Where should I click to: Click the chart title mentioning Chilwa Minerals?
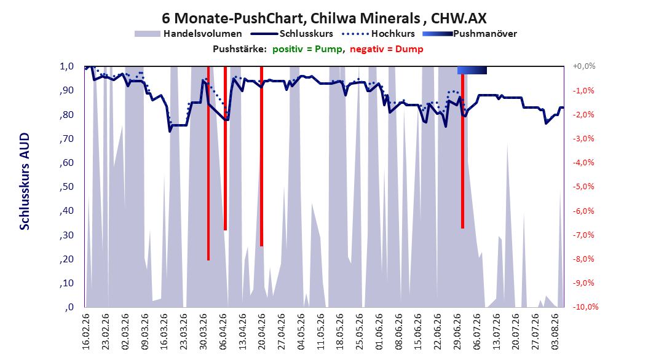[x=324, y=18]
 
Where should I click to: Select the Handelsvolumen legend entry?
[x=188, y=34]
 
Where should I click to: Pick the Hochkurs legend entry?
[x=378, y=34]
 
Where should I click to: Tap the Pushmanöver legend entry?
[x=470, y=34]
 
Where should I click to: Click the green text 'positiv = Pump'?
[x=307, y=49]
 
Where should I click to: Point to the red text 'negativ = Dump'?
[x=387, y=49]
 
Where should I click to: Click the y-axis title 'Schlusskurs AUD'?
[x=25, y=181]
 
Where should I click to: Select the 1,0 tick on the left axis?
[x=66, y=66]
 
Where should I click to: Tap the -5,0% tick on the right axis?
[x=583, y=187]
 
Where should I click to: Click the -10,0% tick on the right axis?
[x=585, y=307]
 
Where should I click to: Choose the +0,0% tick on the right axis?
[x=584, y=66]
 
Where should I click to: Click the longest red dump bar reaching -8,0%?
[x=208, y=163]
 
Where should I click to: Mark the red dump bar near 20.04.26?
[x=261, y=156]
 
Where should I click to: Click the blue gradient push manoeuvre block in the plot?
[x=472, y=70]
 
